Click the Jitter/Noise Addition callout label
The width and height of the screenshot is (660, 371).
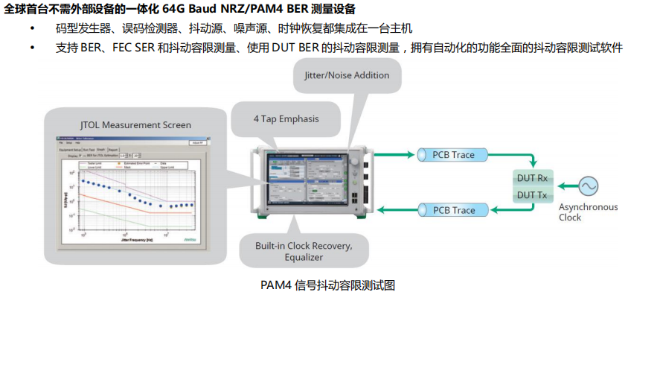(x=347, y=75)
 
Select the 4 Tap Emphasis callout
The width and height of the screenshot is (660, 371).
(x=286, y=118)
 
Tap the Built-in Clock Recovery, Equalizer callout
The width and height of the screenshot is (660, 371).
(x=304, y=252)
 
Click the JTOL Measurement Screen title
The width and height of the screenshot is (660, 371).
(x=135, y=124)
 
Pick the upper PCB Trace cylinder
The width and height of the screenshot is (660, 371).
(x=453, y=155)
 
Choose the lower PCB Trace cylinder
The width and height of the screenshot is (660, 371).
(x=453, y=210)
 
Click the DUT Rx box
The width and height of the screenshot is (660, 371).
(x=532, y=178)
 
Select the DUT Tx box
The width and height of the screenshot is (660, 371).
(x=532, y=194)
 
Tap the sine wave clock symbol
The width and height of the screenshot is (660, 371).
(x=589, y=185)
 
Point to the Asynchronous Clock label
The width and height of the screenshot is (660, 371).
(x=588, y=212)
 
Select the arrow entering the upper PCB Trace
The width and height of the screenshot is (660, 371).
(x=394, y=155)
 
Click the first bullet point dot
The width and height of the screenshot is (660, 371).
(x=32, y=28)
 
